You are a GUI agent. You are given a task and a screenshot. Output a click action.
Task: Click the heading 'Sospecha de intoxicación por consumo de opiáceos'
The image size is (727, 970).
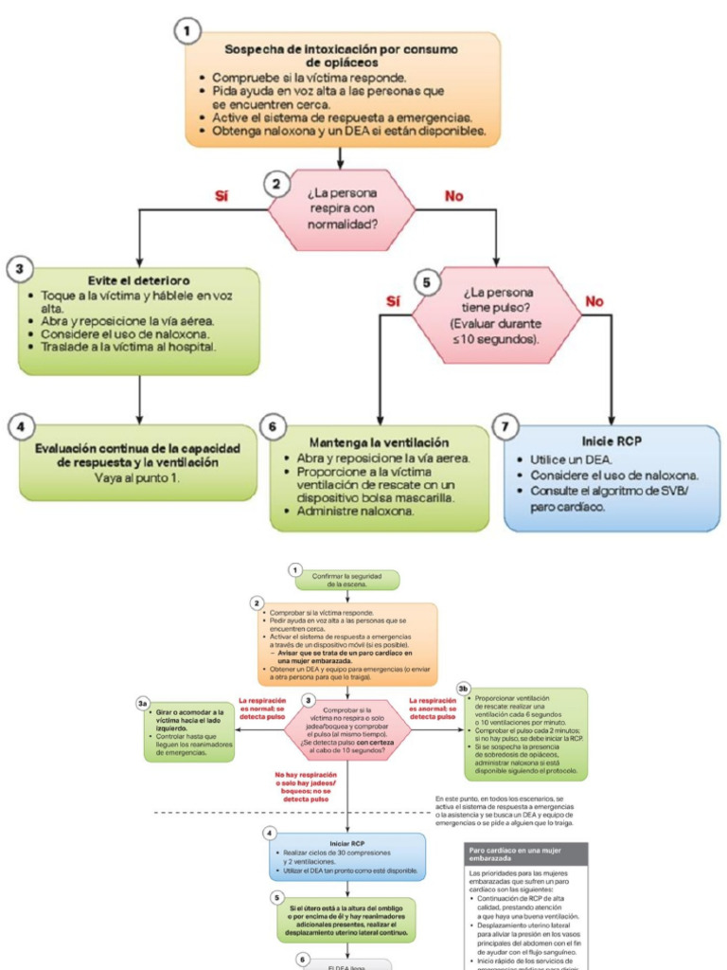[341, 55]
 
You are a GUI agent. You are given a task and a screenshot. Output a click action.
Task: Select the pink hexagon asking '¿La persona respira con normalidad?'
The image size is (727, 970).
[342, 209]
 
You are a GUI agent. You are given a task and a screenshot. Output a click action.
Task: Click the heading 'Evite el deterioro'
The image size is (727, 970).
[138, 280]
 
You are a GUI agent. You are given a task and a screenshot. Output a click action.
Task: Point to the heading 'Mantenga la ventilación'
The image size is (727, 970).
[379, 442]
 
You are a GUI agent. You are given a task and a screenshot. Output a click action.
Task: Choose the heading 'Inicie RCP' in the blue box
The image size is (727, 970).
[611, 440]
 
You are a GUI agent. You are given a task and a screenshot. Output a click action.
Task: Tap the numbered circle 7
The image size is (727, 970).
[507, 427]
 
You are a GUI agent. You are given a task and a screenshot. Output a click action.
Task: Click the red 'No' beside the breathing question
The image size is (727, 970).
[454, 196]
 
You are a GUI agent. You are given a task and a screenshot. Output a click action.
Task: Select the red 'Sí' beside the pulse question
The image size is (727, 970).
[394, 301]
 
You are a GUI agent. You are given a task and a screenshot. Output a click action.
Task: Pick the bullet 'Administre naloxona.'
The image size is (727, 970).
[356, 512]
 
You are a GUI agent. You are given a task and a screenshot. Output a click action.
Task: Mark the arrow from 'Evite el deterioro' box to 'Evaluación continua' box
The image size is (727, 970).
[140, 397]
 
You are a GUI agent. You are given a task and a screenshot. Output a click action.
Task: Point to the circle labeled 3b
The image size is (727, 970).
[463, 688]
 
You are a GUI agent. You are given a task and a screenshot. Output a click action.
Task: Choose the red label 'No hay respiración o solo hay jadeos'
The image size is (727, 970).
[300, 786]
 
